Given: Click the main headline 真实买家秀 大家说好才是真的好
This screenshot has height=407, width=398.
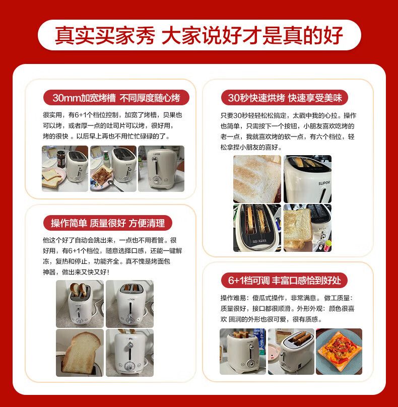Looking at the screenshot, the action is pos(199,35).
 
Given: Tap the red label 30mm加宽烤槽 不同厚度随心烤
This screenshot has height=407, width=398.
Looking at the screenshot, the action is pos(116,98).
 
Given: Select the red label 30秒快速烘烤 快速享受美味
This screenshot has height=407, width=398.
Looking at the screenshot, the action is pos(285,98).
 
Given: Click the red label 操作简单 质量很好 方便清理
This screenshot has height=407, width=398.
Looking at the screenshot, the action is pos(108,223).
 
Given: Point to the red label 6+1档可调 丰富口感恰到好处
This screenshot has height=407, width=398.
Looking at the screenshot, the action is pos(284,281).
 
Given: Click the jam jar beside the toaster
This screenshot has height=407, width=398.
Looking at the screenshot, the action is pos(61,159).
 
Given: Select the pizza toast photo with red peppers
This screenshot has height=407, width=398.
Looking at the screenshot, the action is pos(339,352).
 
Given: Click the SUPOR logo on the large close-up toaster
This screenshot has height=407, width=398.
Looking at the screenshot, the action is pos(324,183).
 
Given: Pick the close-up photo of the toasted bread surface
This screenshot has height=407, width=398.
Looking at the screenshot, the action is pos(257,179).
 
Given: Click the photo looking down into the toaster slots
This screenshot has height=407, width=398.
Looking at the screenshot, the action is pos(257,228).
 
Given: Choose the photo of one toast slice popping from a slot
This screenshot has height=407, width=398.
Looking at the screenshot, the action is pos(80,353).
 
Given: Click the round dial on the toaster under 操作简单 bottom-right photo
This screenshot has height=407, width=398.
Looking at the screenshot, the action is pos(129,366).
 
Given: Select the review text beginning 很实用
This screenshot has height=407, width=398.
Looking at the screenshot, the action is pos(112,125).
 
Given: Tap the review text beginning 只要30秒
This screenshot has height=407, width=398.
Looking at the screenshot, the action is pos(288,131).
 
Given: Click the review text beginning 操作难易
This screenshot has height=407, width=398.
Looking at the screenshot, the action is pos(287,309).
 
